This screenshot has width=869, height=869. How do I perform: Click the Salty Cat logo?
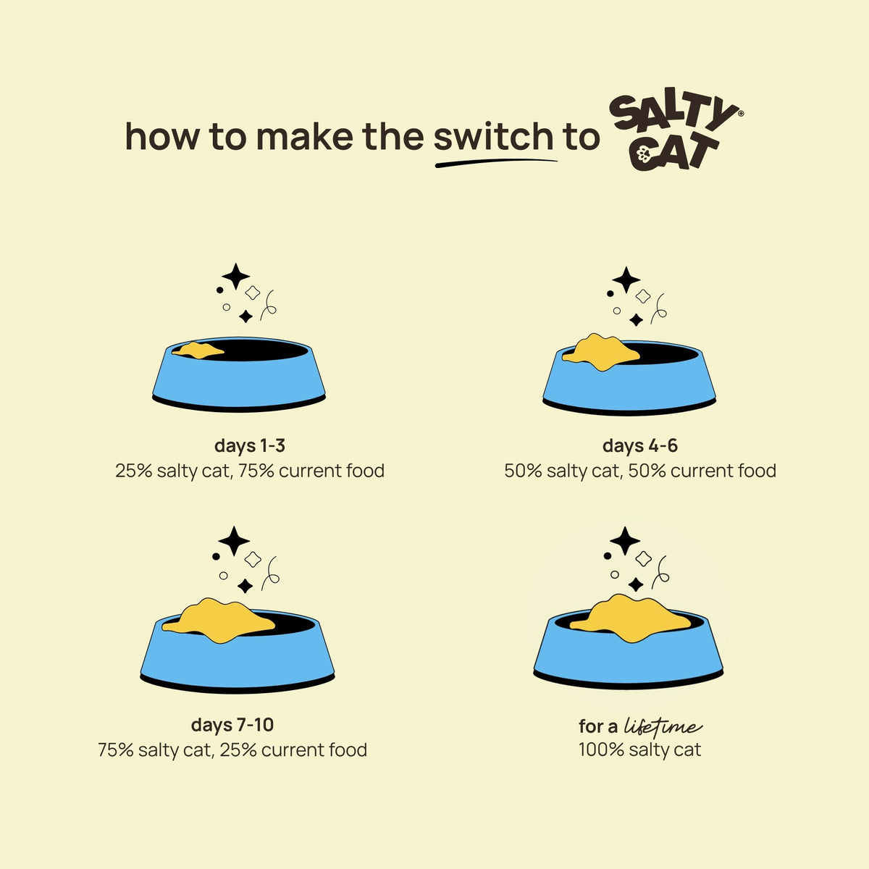tap(676, 133)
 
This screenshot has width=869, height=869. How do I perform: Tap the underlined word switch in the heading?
tap(493, 136)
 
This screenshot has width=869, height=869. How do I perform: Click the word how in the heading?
tap(162, 136)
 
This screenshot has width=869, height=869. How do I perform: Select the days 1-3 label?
tap(250, 445)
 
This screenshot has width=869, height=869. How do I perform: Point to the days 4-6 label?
tap(640, 445)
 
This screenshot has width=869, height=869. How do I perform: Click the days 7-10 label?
tap(232, 725)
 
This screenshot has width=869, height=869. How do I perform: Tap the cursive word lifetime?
tap(663, 726)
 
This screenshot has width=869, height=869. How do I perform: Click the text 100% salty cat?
tap(640, 750)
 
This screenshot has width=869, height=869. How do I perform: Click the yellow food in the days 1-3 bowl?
tap(198, 350)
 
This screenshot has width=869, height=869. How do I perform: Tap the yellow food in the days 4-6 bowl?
tap(601, 352)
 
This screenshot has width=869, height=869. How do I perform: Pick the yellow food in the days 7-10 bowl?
tap(219, 620)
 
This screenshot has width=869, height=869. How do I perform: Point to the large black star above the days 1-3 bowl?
tap(235, 277)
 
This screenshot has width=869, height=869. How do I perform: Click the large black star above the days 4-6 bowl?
tap(626, 280)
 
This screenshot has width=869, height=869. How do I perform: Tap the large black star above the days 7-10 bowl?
tap(234, 541)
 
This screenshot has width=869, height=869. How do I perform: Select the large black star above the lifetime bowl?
tap(624, 541)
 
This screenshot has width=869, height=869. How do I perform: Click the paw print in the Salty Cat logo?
tap(644, 155)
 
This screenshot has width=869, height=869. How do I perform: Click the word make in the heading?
tap(305, 136)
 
